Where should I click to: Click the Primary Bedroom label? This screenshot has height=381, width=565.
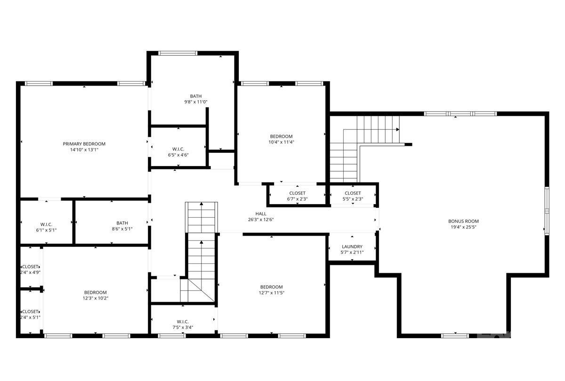(84, 143)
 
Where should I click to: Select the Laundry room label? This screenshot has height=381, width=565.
(352, 246)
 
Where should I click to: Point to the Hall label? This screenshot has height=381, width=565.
(261, 214)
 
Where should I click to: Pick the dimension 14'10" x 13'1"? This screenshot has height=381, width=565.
(84, 150)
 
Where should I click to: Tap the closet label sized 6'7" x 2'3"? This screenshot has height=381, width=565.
(297, 193)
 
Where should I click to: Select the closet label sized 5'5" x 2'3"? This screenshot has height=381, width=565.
(353, 193)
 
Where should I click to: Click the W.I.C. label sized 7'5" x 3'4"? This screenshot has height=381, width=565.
(183, 322)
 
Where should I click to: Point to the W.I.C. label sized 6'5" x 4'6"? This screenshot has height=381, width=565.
(178, 149)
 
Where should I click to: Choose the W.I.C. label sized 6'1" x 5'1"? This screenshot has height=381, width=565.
(46, 223)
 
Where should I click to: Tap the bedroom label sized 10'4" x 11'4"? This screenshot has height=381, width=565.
(282, 136)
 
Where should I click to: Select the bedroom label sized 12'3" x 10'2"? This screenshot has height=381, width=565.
(96, 292)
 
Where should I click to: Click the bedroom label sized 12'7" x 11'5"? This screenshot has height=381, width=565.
(272, 287)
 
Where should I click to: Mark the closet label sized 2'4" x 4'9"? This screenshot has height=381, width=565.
(30, 267)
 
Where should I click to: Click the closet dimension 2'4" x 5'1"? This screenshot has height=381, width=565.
(30, 317)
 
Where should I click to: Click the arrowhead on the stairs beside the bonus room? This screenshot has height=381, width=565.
(398, 129)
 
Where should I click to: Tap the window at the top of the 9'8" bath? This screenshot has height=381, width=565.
(178, 53)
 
